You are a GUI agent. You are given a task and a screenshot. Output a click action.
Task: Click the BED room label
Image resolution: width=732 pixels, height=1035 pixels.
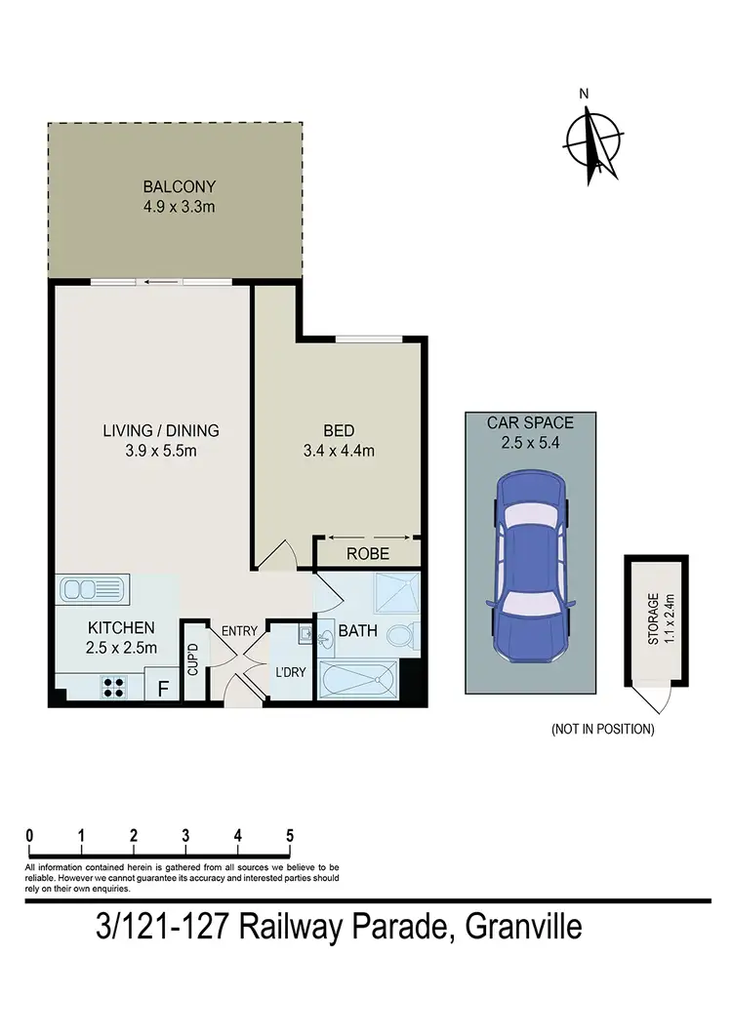[339, 430]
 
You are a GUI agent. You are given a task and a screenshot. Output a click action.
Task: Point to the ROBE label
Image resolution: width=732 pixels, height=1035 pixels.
[368, 554]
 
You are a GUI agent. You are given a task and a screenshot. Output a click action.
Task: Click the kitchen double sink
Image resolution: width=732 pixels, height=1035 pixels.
[91, 589]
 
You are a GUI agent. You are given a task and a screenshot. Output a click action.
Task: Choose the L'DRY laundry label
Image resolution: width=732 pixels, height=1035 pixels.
[290, 672]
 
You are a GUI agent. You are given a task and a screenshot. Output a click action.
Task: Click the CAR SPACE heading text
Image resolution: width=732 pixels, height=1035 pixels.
[529, 423]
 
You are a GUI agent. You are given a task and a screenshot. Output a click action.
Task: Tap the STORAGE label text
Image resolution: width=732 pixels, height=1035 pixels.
[653, 618]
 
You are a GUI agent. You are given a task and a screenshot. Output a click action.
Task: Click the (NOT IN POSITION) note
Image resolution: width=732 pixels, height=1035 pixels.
[602, 729]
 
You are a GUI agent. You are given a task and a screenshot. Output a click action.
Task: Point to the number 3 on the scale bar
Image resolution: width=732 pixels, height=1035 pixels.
[185, 835]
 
